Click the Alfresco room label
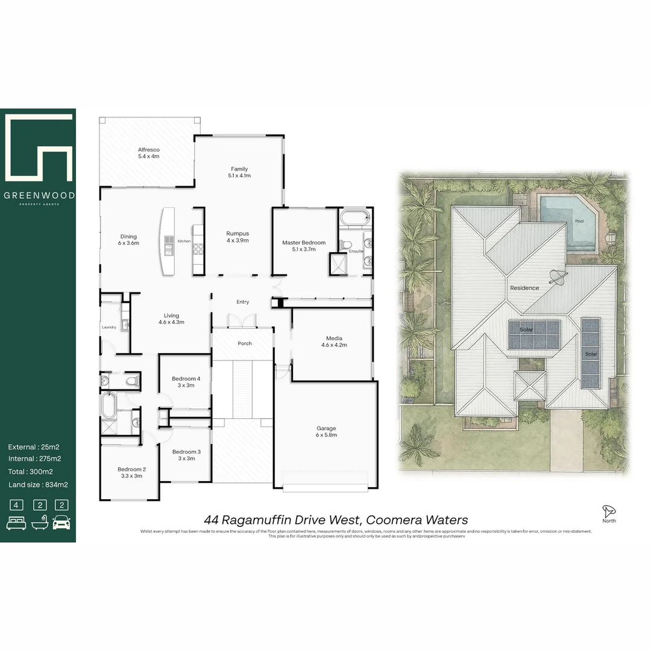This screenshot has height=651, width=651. pos(148,153)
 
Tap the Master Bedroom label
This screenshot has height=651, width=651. pos(304,246)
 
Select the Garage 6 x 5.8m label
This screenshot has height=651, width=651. pos(326,432)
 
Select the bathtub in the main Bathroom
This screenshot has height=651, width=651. pos(108,405)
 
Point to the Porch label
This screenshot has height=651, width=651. pos(245,344)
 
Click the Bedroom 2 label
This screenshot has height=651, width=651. pos(131,473)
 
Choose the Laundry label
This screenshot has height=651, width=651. pos(109,327)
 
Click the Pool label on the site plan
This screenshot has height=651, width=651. pos(579,221)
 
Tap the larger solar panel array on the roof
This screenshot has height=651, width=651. pos(534,335)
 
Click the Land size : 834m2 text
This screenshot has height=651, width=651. pos(38,485)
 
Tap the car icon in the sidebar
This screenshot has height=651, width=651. pos(61,521)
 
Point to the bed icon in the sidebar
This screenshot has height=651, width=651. pos(16,521)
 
